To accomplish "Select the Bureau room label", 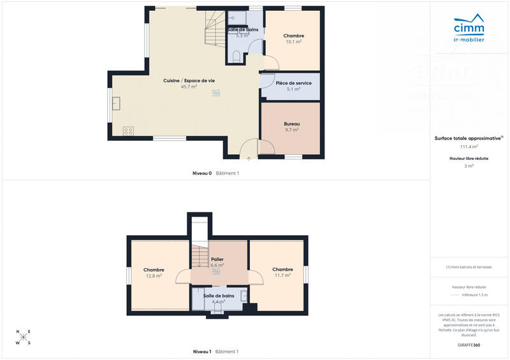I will (291, 124).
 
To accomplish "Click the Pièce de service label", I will (293, 83).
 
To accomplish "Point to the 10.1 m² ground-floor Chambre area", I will (293, 42).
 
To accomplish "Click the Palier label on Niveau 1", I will (217, 259).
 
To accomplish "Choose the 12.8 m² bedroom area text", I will (154, 276).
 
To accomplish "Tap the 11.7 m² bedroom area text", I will (282, 276).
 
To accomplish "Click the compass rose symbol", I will (23, 337).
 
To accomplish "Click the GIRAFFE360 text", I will (469, 345).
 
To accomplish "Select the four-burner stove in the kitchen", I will (128, 131).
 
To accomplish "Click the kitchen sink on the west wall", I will (116, 103).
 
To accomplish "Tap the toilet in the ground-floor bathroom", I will (237, 57).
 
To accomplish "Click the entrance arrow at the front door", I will (249, 158).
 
